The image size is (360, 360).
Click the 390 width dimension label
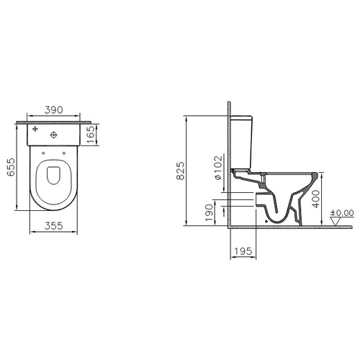point(54,109)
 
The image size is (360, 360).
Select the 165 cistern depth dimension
point(91,135)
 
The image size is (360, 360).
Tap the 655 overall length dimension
point(11,167)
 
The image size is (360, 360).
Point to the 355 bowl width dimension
point(53,225)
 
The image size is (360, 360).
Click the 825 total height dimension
point(181,171)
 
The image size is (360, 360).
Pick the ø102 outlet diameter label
point(218,168)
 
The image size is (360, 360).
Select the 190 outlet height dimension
point(209,212)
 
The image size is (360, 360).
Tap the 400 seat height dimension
point(316,199)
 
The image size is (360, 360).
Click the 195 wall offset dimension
point(243,251)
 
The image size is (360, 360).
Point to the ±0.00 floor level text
point(342,213)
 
